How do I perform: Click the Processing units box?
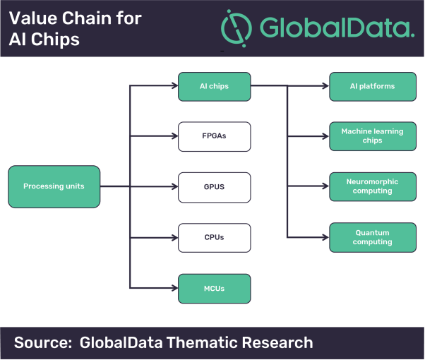(x=54, y=186)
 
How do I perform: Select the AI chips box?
(x=214, y=87)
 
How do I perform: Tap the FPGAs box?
(x=214, y=136)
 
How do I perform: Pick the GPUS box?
(x=214, y=187)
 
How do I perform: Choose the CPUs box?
(x=214, y=238)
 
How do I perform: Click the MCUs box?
(x=214, y=289)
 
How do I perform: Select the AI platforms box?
(x=373, y=87)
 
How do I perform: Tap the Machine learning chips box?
(x=373, y=136)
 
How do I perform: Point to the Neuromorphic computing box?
(x=373, y=186)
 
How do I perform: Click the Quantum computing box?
(x=373, y=237)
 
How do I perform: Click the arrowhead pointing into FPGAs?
(x=175, y=136)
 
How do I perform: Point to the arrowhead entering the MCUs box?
(x=175, y=288)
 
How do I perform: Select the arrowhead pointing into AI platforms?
(x=325, y=86)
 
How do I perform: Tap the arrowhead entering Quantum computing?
(x=325, y=237)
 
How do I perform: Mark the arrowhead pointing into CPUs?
(x=175, y=238)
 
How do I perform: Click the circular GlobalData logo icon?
(x=237, y=28)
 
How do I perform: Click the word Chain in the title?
(x=87, y=18)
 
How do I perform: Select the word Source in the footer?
(x=43, y=342)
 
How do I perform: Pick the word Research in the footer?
(x=277, y=342)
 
